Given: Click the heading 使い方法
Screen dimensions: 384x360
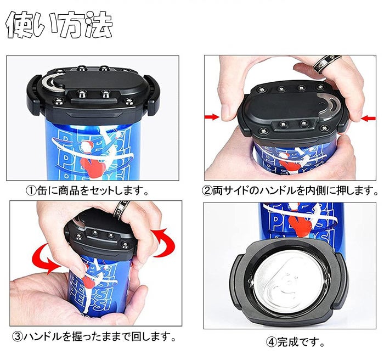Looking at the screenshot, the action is click(x=59, y=25).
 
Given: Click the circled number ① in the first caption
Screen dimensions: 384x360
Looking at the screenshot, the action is click(x=31, y=190).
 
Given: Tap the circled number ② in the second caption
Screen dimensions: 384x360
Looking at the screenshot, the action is click(x=207, y=190).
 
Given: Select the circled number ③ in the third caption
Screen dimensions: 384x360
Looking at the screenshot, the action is click(x=18, y=337).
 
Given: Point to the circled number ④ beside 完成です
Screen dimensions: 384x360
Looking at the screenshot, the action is click(x=272, y=342).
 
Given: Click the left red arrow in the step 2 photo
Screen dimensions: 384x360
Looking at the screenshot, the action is click(x=212, y=117).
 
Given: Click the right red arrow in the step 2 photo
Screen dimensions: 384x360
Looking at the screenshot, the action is click(x=368, y=119).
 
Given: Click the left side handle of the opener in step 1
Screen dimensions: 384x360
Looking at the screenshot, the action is click(x=34, y=95).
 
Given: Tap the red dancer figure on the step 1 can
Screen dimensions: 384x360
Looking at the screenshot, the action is click(x=93, y=162).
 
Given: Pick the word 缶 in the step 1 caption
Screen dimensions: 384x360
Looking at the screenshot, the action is click(x=42, y=190).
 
